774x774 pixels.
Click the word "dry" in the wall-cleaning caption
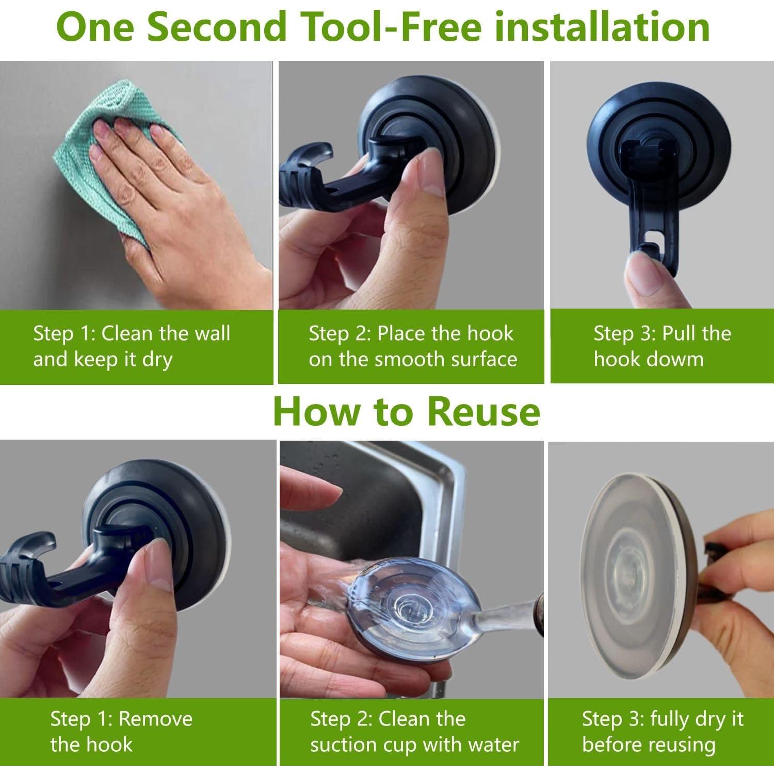[x=157, y=360]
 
